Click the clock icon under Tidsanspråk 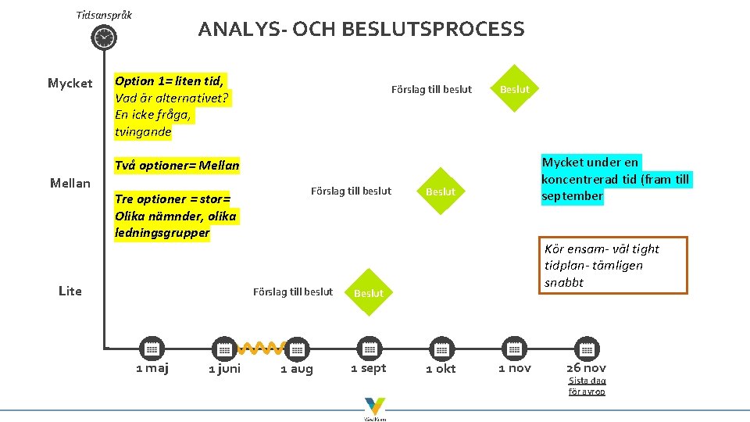pos(103,38)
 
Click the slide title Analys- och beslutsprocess pos(361,30)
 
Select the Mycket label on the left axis pos(70,83)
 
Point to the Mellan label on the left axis pos(70,183)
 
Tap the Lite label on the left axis pos(70,291)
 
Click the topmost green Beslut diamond pos(514,89)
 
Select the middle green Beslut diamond pos(441,191)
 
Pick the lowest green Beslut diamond pos(369,293)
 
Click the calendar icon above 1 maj pos(152,349)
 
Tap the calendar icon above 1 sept pos(369,349)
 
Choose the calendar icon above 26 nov pos(586,349)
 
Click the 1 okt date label pos(441,369)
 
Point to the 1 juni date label pos(224,369)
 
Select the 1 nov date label pos(515,368)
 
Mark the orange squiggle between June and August pos(259,347)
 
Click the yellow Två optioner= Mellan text pos(177,166)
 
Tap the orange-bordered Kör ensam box pos(613,265)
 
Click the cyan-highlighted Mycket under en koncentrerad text pos(616,179)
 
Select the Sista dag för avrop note pos(587,386)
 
